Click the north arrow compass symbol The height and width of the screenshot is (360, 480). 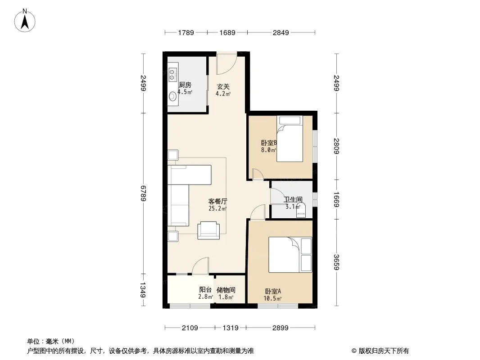pyautogui.click(x=25, y=21)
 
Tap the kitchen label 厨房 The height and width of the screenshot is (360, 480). pyautogui.click(x=185, y=85)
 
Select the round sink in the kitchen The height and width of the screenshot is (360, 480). pyautogui.click(x=173, y=96)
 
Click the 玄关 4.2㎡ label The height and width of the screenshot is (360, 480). pyautogui.click(x=223, y=90)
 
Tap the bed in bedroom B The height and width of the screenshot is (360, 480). pyautogui.click(x=290, y=139)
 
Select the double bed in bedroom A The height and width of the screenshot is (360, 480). pyautogui.click(x=290, y=255)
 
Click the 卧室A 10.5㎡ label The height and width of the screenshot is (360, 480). pyautogui.click(x=273, y=295)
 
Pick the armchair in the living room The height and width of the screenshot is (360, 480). pyautogui.click(x=208, y=230)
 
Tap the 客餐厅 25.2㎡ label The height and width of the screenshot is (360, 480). pyautogui.click(x=217, y=205)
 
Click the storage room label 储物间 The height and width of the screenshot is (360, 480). pyautogui.click(x=226, y=290)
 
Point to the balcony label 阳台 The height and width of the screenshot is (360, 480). pyautogui.click(x=205, y=290)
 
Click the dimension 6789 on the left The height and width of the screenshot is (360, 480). pyautogui.click(x=143, y=193)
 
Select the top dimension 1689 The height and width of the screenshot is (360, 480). pyautogui.click(x=227, y=32)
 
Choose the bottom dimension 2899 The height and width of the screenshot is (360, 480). pyautogui.click(x=281, y=328)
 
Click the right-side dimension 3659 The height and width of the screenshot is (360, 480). pyautogui.click(x=336, y=262)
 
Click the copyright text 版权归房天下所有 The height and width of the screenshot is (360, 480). pyautogui.click(x=384, y=351)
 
